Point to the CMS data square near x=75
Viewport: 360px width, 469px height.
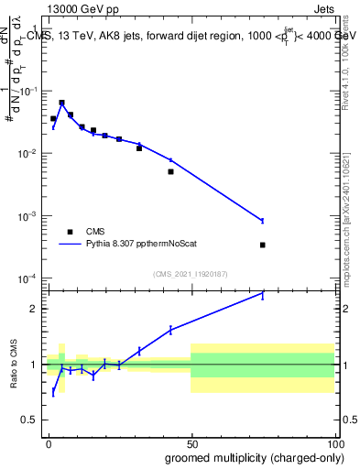tap(263, 245)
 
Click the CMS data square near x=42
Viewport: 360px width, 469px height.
tap(170, 171)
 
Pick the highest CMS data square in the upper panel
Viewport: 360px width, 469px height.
tap(61, 104)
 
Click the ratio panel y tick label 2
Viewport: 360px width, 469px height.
tap(35, 309)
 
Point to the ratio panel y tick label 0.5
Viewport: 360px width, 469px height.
tap(30, 421)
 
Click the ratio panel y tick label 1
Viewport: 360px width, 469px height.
tap(35, 365)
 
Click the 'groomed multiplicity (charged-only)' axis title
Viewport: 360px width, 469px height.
tap(250, 456)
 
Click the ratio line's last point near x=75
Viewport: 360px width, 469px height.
tap(263, 293)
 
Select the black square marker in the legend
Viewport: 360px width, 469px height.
tap(70, 232)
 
